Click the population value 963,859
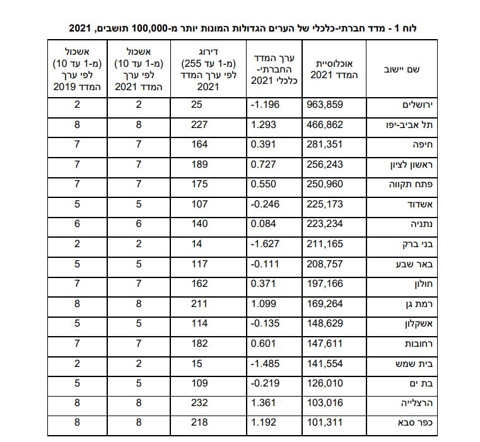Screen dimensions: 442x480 point(325,105)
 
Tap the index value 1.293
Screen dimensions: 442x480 point(264,125)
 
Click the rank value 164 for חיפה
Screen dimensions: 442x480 point(199,145)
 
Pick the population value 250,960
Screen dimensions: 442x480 point(325,185)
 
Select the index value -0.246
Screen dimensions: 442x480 point(266,205)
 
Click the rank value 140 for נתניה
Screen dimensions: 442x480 point(199,224)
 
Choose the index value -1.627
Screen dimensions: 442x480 point(266,245)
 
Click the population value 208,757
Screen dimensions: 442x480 point(325,264)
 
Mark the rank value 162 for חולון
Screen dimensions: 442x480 point(199,284)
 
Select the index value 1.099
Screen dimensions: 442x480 point(264,304)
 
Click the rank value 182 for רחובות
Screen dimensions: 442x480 point(199,344)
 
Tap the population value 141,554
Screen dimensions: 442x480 point(325,364)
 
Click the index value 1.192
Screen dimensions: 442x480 point(264,423)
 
